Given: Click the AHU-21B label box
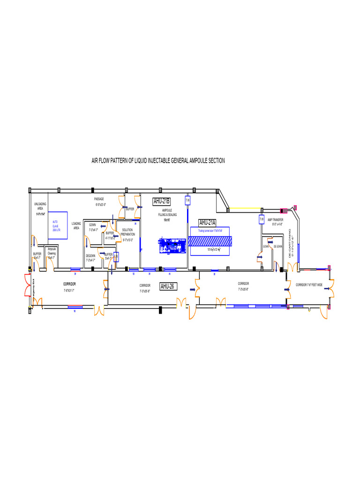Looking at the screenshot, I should [x=161, y=201].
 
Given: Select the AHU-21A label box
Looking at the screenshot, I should [x=207, y=222].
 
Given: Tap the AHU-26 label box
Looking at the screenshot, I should [x=168, y=286].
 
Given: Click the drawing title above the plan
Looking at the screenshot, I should [x=158, y=161].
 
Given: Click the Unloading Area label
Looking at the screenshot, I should [x=40, y=209].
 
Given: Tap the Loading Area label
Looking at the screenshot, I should [x=76, y=225].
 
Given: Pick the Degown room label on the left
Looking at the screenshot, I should [x=90, y=257].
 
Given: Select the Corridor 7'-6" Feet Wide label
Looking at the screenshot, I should [x=308, y=285].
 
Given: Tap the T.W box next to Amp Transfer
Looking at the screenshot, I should [x=262, y=219].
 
